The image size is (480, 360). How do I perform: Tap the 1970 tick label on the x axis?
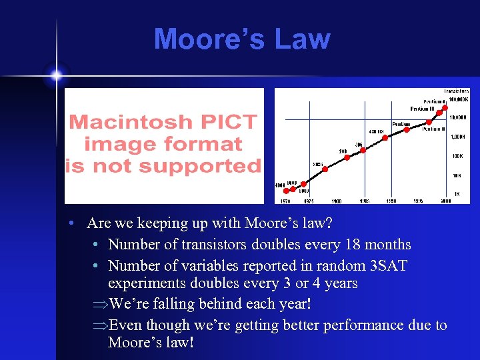[x=285, y=200]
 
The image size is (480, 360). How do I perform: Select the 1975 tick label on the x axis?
[x=308, y=200]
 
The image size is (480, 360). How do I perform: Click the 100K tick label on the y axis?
[x=457, y=156]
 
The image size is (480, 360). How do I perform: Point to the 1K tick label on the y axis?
[x=457, y=194]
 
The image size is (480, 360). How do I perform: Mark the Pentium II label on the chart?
[x=433, y=129]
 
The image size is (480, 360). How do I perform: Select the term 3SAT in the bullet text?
[x=388, y=265]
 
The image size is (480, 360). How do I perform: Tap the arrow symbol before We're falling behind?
[x=100, y=305]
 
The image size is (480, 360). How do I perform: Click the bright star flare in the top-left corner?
[x=56, y=75]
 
